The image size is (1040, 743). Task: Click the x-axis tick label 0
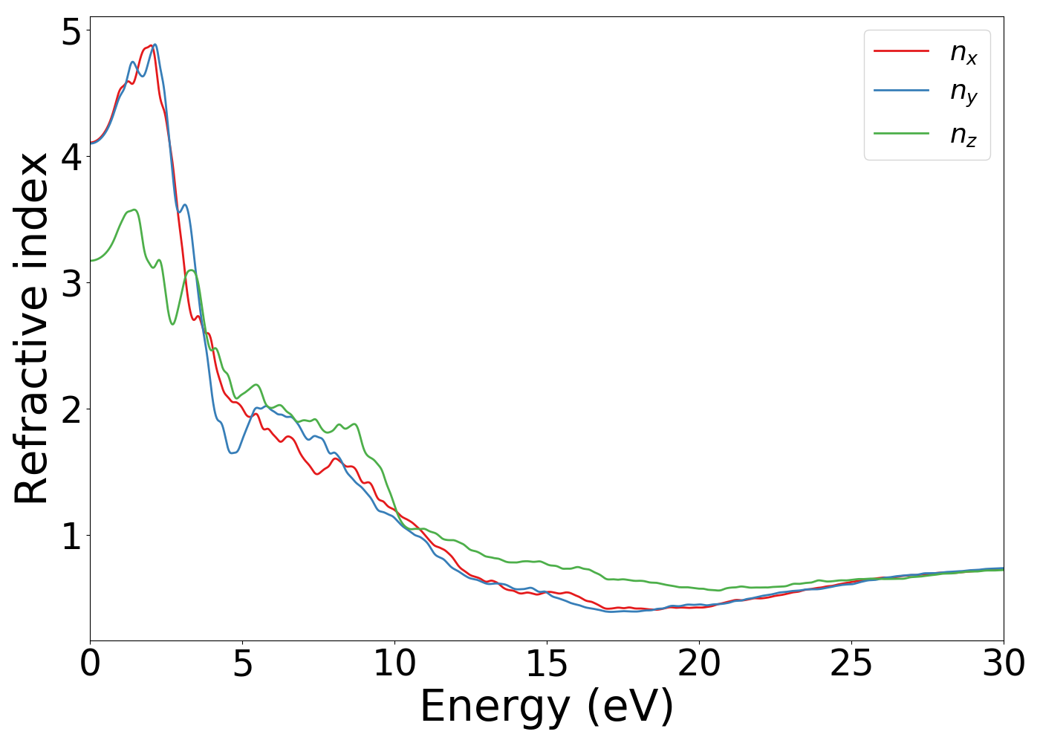click(90, 663)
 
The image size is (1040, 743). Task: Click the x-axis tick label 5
click(242, 663)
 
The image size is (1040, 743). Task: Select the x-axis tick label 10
click(394, 663)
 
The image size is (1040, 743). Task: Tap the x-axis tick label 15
click(547, 663)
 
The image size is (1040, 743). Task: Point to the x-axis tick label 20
click(699, 663)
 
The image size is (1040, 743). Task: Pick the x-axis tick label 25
click(851, 663)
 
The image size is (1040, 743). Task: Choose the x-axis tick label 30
click(1004, 663)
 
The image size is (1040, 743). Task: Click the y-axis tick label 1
click(71, 536)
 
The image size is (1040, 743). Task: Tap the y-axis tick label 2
click(71, 409)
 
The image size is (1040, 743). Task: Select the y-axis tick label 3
click(71, 283)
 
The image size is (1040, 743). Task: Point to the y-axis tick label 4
click(71, 157)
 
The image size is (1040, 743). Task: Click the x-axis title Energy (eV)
click(547, 706)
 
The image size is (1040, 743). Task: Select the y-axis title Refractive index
click(31, 328)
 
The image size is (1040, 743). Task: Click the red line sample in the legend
click(901, 51)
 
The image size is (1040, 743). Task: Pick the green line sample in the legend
click(901, 134)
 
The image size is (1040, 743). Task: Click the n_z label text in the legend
click(963, 135)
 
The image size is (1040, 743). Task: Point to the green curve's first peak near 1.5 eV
click(134, 210)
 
